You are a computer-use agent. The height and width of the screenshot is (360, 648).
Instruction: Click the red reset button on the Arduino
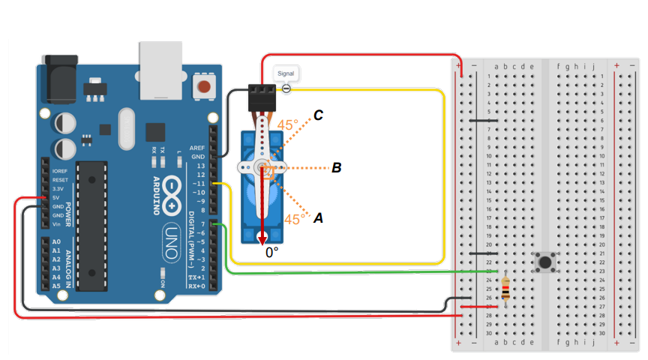[x=202, y=87]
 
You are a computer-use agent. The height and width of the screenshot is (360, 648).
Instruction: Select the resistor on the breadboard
[x=506, y=289]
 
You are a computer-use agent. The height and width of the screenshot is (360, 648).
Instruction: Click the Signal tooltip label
[x=286, y=73]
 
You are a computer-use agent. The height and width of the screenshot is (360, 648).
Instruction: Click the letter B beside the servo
[x=337, y=168]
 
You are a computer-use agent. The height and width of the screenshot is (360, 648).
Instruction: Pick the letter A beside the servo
[x=318, y=218]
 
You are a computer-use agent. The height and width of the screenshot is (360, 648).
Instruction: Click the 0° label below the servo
[x=272, y=253]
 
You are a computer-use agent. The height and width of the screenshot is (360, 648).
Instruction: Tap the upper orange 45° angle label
[x=288, y=125]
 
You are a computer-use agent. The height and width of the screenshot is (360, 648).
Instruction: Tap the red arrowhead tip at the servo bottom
[x=262, y=239]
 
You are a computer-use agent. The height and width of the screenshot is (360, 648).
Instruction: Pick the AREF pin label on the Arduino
[x=197, y=148]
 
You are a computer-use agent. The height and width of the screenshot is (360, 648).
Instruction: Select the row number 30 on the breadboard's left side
[x=488, y=333]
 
